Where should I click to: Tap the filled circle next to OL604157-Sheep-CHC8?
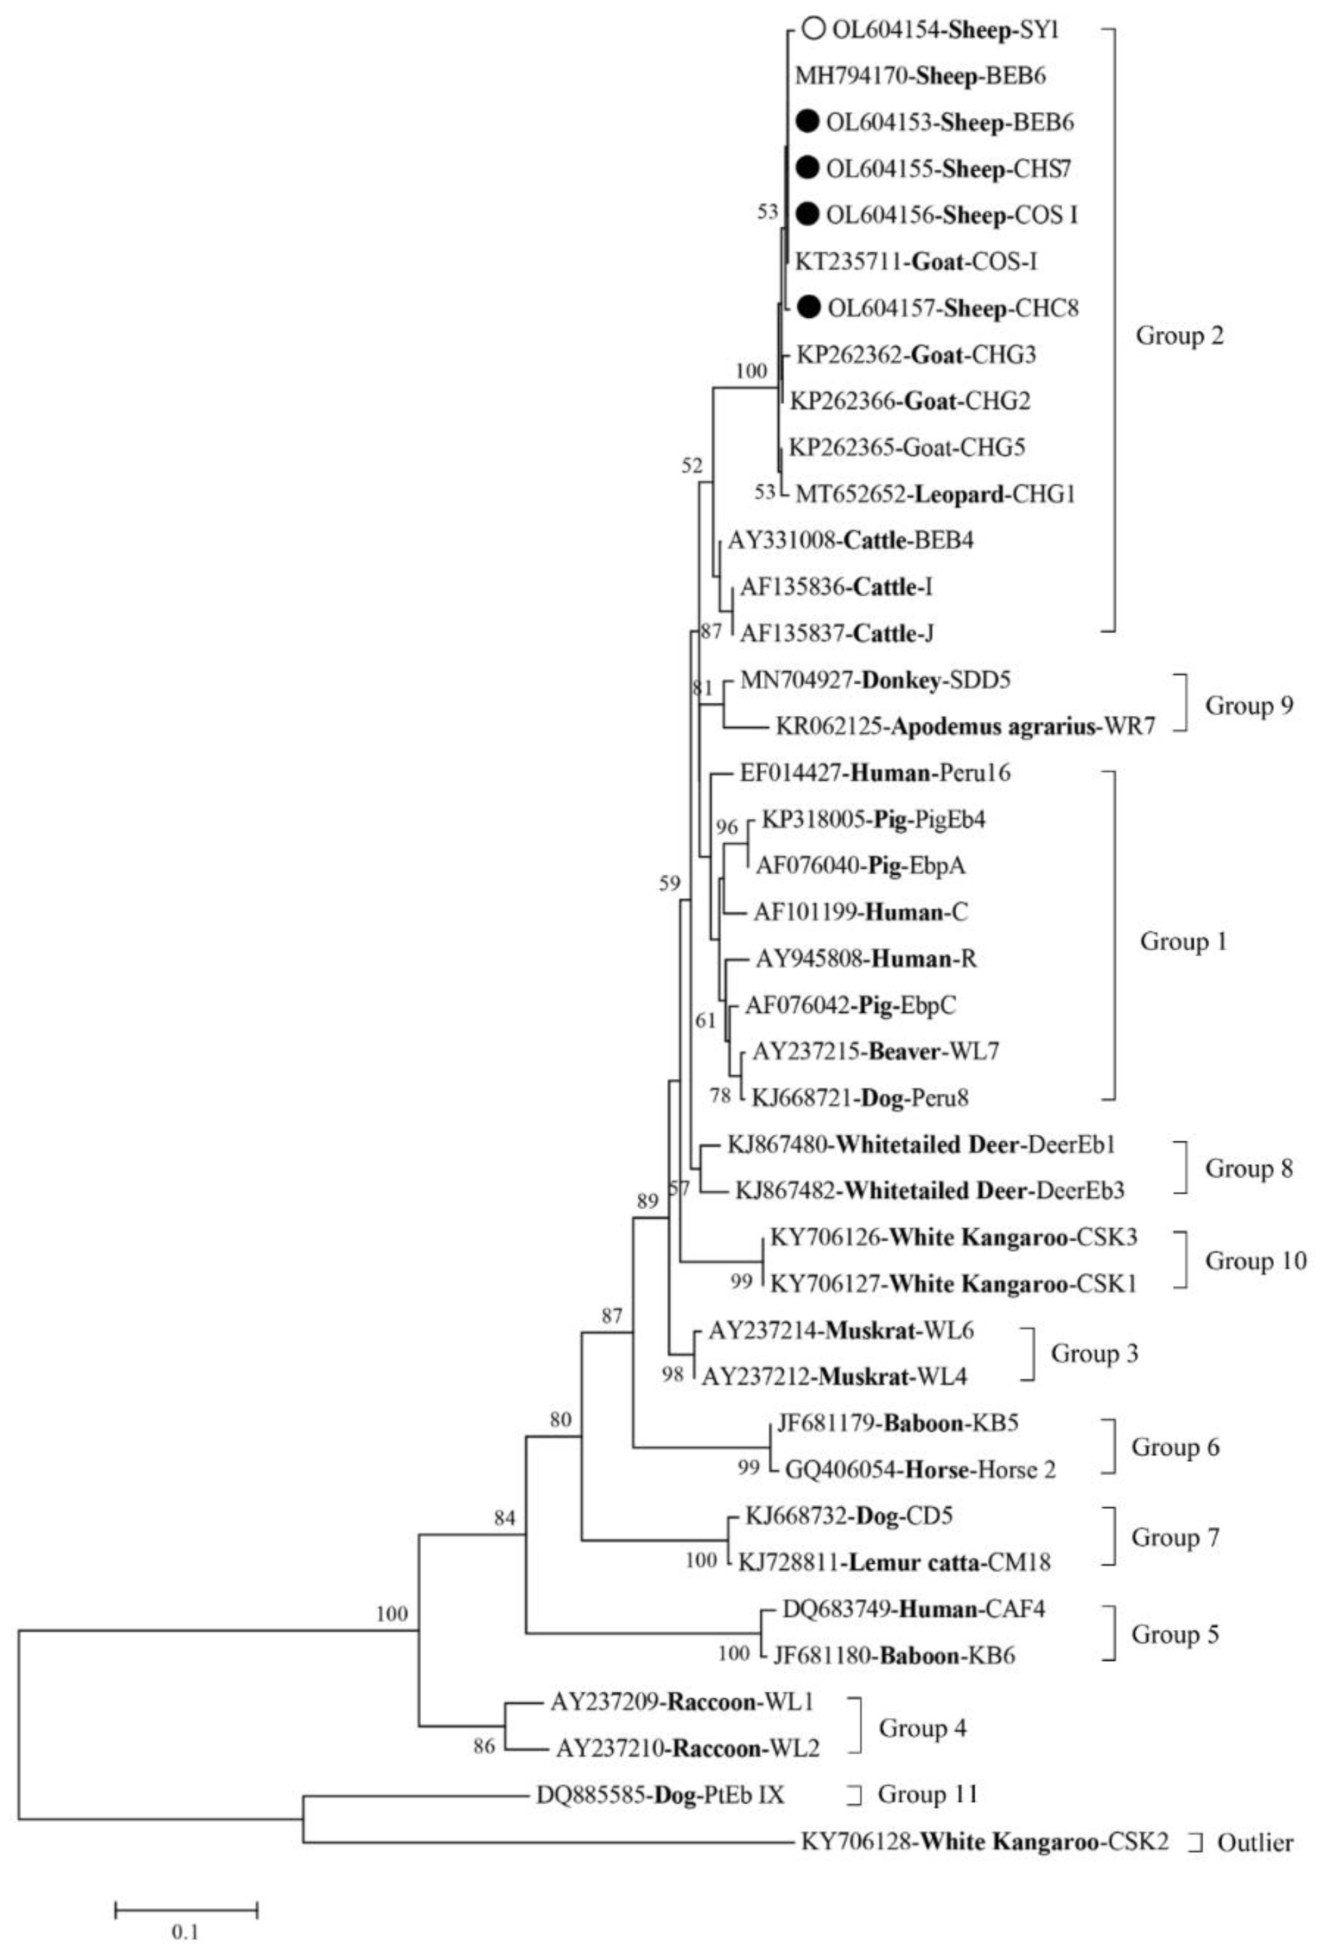coord(808,308)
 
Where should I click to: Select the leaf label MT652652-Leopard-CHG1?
coord(934,494)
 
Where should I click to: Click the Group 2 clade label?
coord(1179,336)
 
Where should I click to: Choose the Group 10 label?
coord(1255,1260)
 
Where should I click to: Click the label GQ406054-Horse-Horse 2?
coord(920,1469)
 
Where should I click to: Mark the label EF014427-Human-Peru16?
coord(875,772)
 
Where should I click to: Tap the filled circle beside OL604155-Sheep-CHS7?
coord(808,169)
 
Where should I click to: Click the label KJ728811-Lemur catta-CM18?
coord(894,1562)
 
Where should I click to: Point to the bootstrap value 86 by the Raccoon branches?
coord(484,1747)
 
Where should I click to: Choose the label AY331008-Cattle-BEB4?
coord(850,540)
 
